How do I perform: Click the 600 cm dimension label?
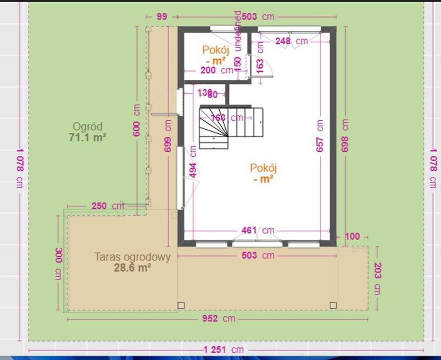coord(136,121)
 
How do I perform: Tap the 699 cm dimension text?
coord(168,136)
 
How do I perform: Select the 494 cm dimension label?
coord(193,162)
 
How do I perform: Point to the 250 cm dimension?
coord(103,206)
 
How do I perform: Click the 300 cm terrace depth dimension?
coord(58,262)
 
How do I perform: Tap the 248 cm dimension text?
coord(291,41)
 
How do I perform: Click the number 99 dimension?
coord(162,17)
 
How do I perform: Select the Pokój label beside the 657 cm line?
coord(263,173)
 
